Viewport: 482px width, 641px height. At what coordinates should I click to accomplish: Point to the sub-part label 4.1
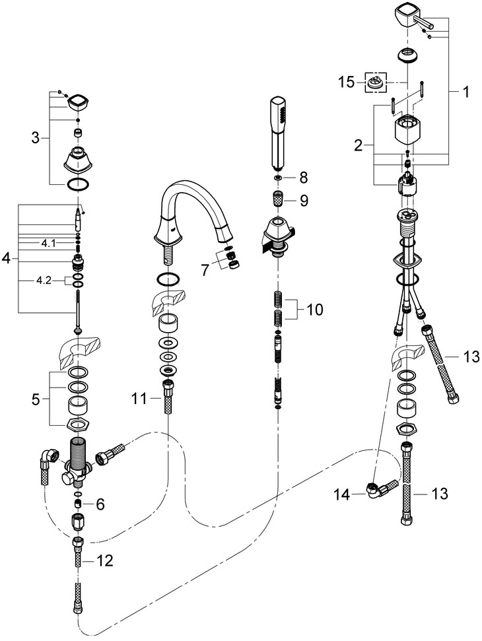point(49,244)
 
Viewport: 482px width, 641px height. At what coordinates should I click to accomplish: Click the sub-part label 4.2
point(44,280)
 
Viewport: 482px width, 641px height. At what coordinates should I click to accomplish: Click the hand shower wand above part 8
point(278,132)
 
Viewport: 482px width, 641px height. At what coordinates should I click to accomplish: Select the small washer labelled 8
point(278,178)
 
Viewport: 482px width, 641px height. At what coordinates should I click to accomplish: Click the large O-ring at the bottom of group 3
point(79,183)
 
